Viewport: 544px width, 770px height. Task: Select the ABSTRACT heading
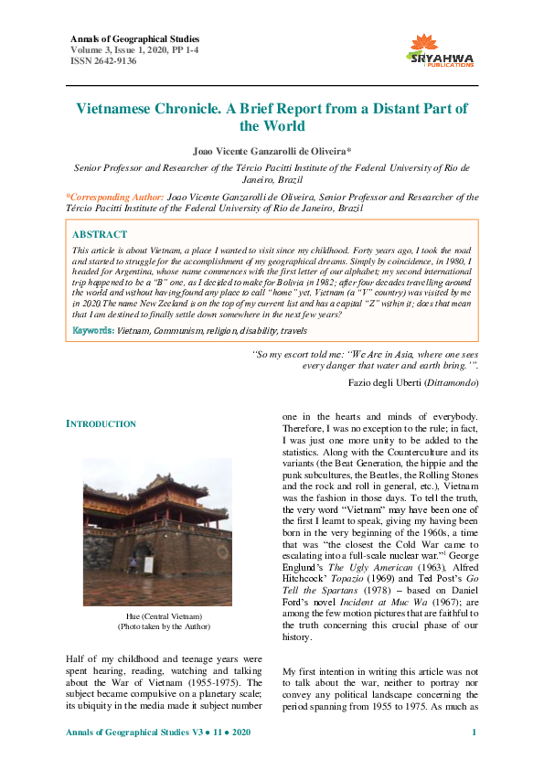[x=101, y=234]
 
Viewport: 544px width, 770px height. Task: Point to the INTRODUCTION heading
[x=101, y=423]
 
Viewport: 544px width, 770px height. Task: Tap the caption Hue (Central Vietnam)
[x=144, y=592]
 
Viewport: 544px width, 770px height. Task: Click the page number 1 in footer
[x=474, y=733]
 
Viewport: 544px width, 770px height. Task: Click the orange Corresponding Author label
[x=115, y=197]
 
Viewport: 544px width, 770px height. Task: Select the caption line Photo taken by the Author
[x=144, y=603]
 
